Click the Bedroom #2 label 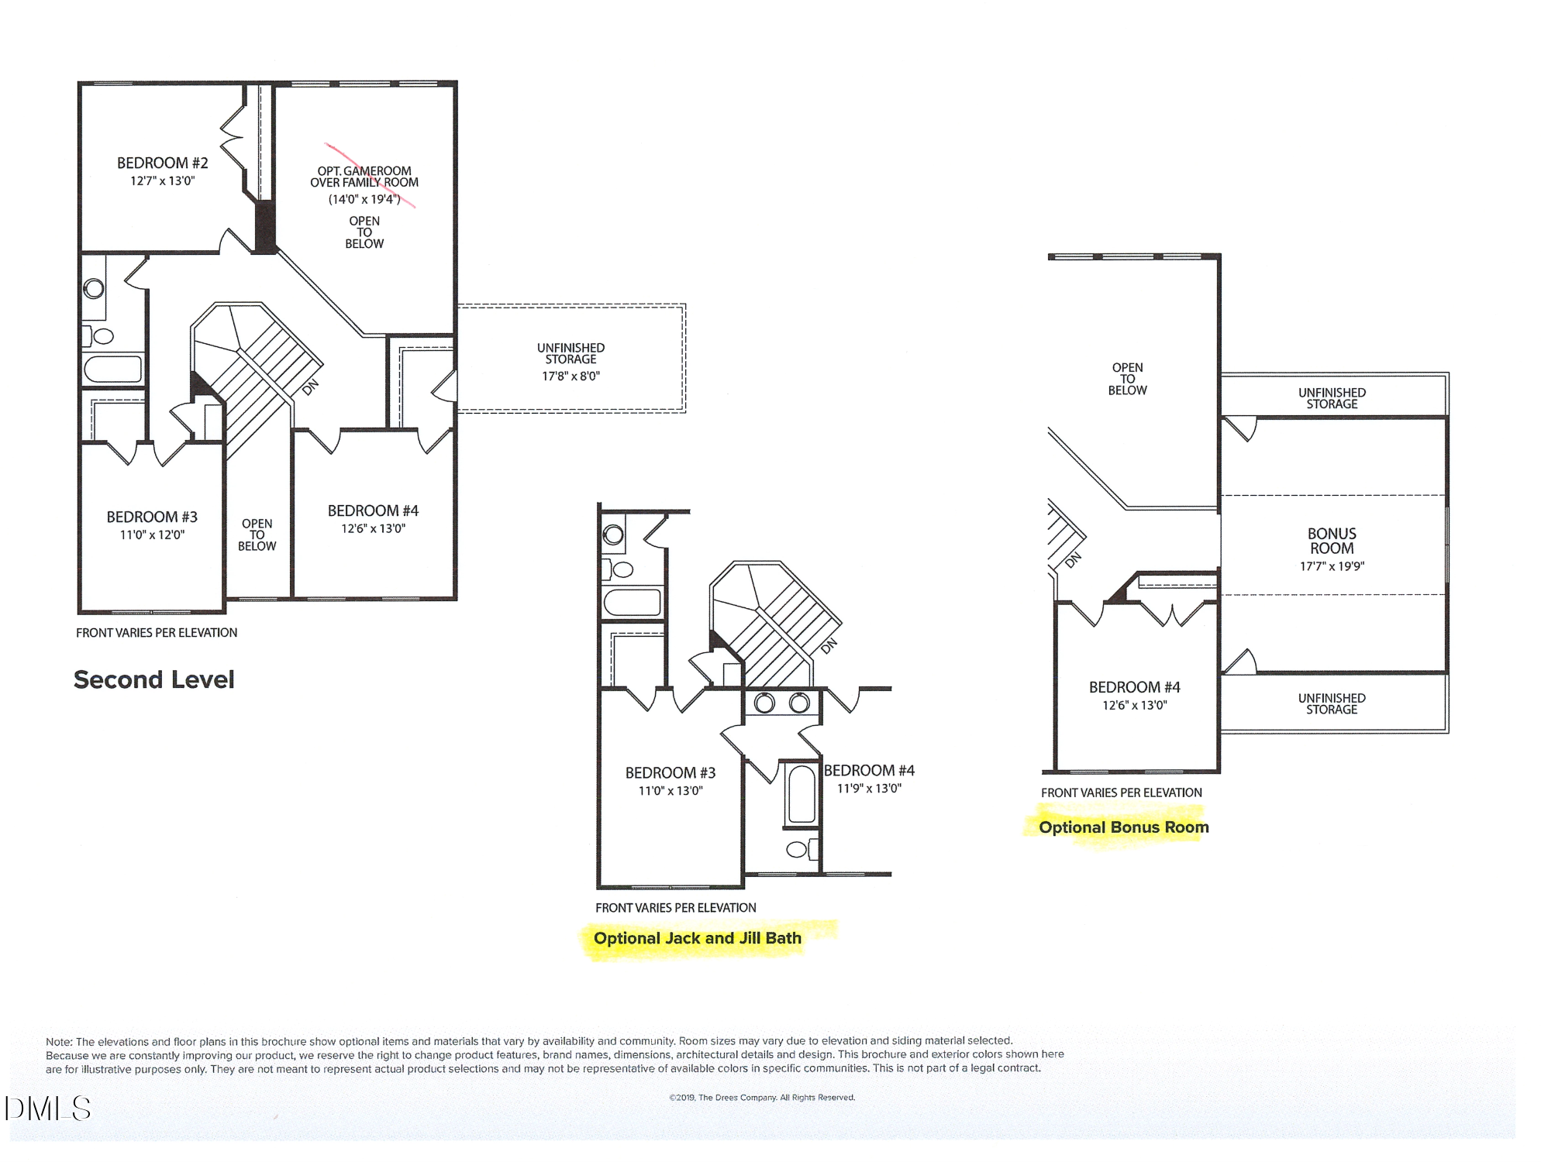tap(162, 163)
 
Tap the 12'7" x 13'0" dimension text tap(162, 181)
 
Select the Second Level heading tap(153, 680)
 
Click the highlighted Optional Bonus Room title tap(1123, 827)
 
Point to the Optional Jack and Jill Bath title tap(697, 938)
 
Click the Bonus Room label tap(1332, 541)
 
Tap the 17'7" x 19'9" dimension tap(1332, 566)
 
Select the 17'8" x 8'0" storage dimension tap(571, 376)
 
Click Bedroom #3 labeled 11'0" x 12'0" tap(152, 517)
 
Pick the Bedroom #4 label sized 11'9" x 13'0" tap(869, 771)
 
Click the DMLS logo tap(48, 1109)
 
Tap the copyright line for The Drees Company tap(762, 1098)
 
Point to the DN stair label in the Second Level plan tap(310, 387)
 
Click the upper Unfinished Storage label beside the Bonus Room tap(1332, 398)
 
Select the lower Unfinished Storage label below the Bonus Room tap(1332, 703)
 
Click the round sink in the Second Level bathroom tap(94, 289)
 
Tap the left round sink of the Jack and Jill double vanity tap(764, 703)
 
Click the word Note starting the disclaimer tap(58, 1042)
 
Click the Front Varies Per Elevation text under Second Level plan tap(157, 633)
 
